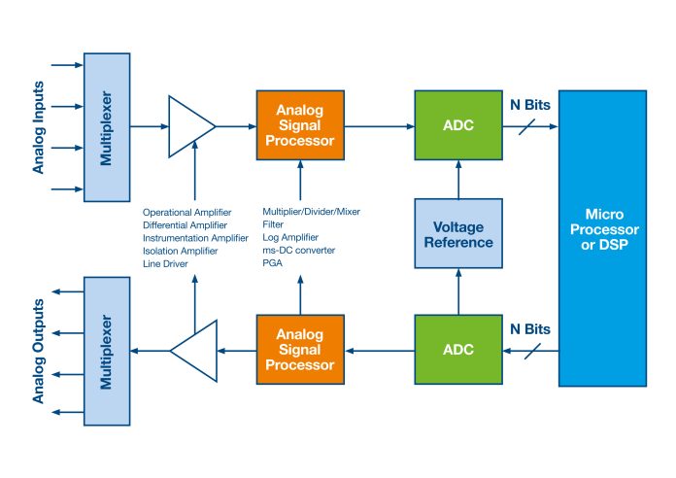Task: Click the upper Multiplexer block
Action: (107, 127)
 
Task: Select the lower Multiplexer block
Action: (107, 351)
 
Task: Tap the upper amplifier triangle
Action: (188, 126)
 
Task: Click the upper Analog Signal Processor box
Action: (300, 125)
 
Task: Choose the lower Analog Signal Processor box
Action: (300, 350)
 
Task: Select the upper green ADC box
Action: (458, 125)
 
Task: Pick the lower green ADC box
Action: (458, 350)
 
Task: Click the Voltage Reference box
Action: (458, 233)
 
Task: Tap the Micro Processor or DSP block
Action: (603, 238)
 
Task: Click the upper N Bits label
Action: (530, 105)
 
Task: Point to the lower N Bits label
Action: (530, 329)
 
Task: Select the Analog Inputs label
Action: (39, 127)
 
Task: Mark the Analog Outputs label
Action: (39, 351)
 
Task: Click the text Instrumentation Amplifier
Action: (195, 238)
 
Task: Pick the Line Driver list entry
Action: (165, 264)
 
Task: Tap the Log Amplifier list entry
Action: (290, 237)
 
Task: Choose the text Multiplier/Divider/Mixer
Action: (311, 212)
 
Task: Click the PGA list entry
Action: (273, 263)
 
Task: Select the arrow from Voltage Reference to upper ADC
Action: (458, 180)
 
